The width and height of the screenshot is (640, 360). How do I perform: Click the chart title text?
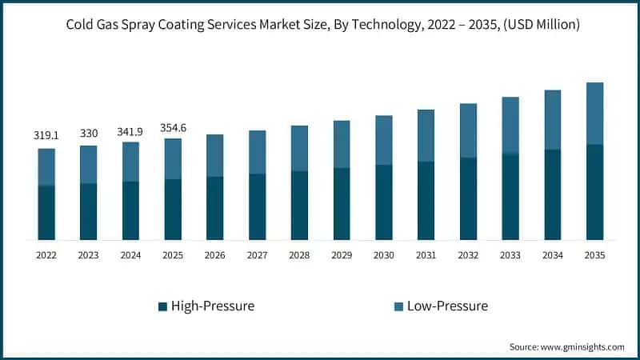(x=320, y=26)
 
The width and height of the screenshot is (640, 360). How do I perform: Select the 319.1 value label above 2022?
(x=46, y=136)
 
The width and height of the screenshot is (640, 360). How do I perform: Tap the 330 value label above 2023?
(x=88, y=133)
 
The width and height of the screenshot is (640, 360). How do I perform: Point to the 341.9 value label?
(x=130, y=130)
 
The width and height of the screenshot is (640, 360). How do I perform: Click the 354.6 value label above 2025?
(x=173, y=126)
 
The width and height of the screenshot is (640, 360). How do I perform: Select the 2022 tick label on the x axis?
(x=46, y=255)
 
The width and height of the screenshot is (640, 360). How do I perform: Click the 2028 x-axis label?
(x=298, y=255)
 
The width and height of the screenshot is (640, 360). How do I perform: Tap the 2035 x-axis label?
(x=594, y=255)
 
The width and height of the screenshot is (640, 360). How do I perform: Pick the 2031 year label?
(x=426, y=255)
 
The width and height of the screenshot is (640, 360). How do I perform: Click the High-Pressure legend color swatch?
(x=162, y=306)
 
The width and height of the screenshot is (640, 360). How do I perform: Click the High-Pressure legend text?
(x=214, y=306)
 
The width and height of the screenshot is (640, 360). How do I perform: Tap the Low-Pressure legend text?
(x=447, y=306)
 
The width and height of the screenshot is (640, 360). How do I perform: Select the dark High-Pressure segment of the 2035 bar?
(x=594, y=192)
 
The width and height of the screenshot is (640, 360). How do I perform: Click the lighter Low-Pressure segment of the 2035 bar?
(x=594, y=113)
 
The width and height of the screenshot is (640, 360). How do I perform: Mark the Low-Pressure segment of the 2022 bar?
(x=46, y=166)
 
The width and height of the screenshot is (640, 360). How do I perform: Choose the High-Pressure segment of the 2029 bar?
(x=341, y=204)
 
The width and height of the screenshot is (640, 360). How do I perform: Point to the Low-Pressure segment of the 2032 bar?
(x=468, y=130)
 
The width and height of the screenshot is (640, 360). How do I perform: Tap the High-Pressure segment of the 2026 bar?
(x=214, y=208)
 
